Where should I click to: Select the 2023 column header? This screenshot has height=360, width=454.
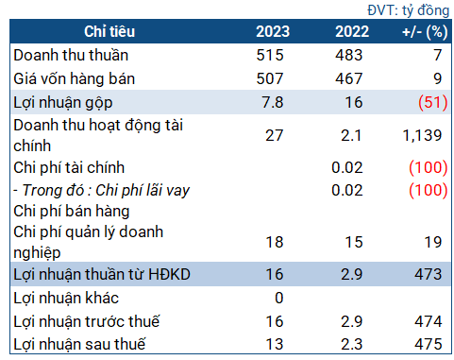272,32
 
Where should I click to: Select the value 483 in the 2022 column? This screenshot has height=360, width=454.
350,56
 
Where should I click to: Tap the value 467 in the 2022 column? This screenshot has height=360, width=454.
350,77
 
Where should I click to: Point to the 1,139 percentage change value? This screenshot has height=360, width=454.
421,135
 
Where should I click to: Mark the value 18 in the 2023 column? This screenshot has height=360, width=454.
275,243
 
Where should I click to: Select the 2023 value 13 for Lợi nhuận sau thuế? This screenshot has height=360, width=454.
275,344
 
